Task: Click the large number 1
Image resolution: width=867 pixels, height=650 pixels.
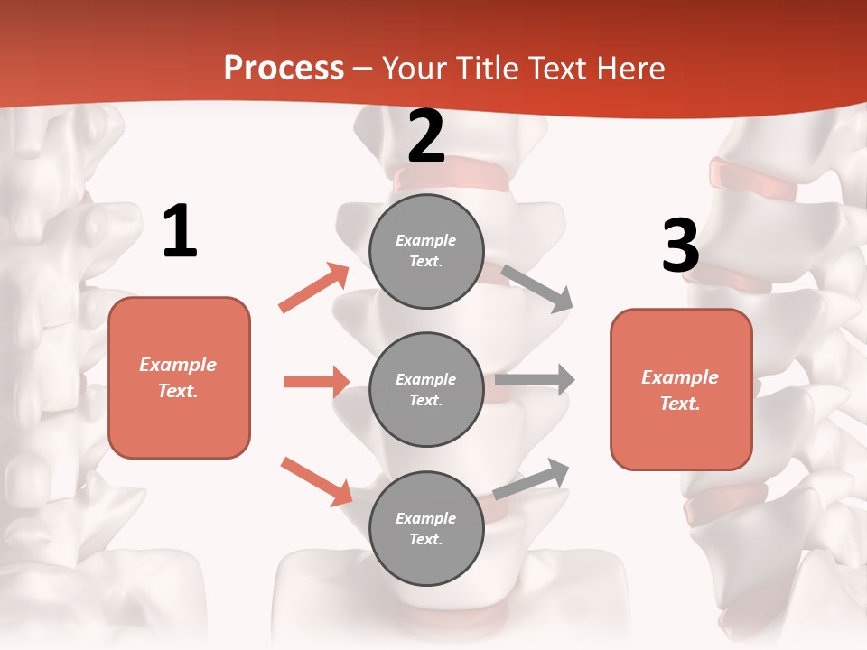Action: point(180,232)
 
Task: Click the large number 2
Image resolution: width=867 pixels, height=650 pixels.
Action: point(426,136)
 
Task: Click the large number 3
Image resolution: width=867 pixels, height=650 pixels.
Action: point(681,246)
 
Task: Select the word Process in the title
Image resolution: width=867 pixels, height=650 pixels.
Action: point(284,68)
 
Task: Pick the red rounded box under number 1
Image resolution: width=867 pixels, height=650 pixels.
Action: point(179,377)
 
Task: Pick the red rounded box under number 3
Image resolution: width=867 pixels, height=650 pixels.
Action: point(681,389)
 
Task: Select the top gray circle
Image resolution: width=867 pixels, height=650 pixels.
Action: point(426,251)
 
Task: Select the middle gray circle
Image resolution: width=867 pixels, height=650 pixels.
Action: point(426,389)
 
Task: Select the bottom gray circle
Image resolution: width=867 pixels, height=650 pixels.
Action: point(426,528)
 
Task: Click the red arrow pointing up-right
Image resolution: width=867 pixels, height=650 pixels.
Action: point(314,287)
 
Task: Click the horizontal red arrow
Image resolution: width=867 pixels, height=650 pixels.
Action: point(316,382)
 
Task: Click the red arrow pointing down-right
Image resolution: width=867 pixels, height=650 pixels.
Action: point(316,480)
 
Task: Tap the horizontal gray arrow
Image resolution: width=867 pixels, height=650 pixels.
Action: point(535,379)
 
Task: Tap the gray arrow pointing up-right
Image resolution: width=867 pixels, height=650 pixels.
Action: point(532,478)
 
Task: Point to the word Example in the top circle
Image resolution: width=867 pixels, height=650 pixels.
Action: point(426,240)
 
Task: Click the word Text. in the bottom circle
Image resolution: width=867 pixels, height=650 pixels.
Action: point(426,539)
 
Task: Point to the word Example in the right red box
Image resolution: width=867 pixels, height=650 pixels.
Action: point(680,377)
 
